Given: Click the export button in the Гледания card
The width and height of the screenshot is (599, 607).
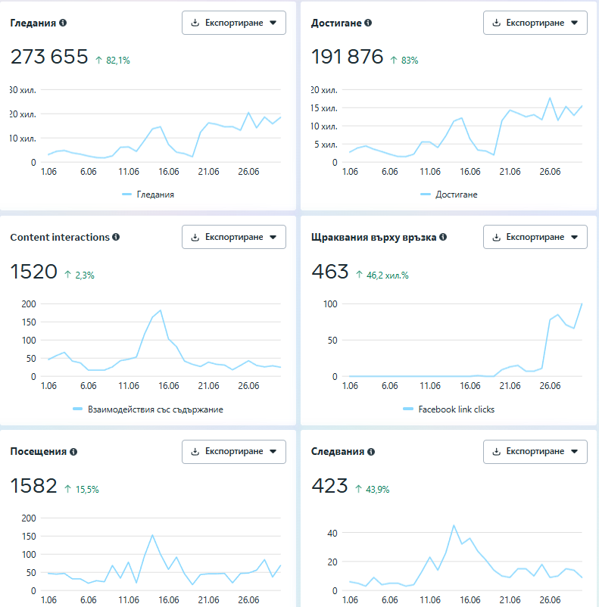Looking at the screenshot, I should (x=233, y=23).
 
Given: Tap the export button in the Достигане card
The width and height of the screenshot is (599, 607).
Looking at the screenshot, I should (x=535, y=23).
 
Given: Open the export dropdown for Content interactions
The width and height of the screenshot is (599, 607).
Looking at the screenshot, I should (x=233, y=237).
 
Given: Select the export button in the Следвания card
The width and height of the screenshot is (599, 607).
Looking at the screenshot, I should (x=535, y=452).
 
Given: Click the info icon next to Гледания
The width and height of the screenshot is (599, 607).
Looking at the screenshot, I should (x=63, y=23).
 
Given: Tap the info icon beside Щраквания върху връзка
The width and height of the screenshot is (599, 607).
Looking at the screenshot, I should (x=443, y=237).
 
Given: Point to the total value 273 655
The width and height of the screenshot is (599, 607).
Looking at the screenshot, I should (x=49, y=57).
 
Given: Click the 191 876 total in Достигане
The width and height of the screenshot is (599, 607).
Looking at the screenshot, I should (x=348, y=57).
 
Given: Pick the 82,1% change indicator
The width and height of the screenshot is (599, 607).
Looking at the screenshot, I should (x=118, y=60).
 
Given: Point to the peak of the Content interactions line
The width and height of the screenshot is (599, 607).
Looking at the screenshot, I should (x=161, y=310).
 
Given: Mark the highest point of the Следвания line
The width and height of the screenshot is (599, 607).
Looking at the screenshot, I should (x=454, y=525).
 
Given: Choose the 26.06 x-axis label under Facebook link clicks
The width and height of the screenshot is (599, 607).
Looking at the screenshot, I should (x=550, y=386).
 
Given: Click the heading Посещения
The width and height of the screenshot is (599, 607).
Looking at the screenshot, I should (x=38, y=452).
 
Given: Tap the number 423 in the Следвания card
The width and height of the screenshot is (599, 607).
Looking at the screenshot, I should (x=329, y=486).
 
